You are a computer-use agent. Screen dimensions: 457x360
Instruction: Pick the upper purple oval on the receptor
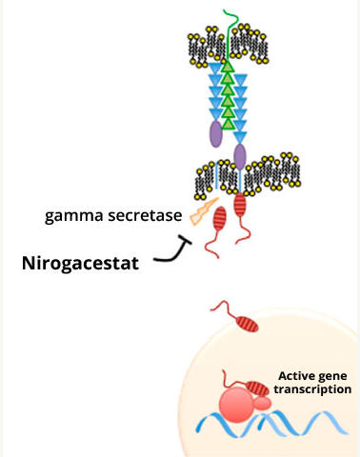(x=215, y=132)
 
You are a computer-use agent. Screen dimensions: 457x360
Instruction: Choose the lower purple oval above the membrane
(x=240, y=155)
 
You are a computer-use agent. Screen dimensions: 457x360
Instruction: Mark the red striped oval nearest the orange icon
(x=220, y=219)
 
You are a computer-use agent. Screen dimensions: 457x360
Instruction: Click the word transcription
(x=311, y=389)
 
